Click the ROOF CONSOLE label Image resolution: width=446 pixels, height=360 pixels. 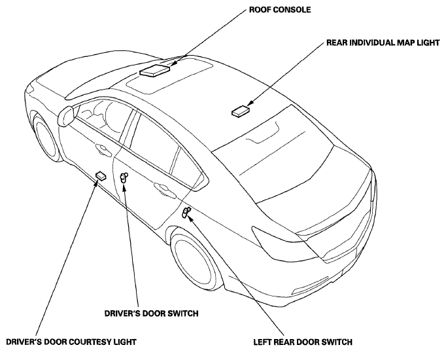(280, 10)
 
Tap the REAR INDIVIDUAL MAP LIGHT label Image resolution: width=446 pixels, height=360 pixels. (383, 43)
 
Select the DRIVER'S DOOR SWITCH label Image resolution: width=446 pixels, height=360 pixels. (151, 314)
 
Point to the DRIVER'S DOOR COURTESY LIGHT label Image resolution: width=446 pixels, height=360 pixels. (71, 342)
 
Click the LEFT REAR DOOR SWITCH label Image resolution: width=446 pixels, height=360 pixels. (303, 342)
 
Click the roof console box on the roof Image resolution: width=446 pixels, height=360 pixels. (154, 70)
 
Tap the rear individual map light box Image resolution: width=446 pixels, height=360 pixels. (241, 111)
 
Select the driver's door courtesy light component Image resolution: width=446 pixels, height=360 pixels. (101, 175)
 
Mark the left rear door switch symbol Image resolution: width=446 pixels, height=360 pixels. (186, 213)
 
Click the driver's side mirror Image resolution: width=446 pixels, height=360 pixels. (65, 116)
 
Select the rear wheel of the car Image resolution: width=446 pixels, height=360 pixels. (197, 260)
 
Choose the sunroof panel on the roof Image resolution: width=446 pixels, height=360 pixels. (169, 75)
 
